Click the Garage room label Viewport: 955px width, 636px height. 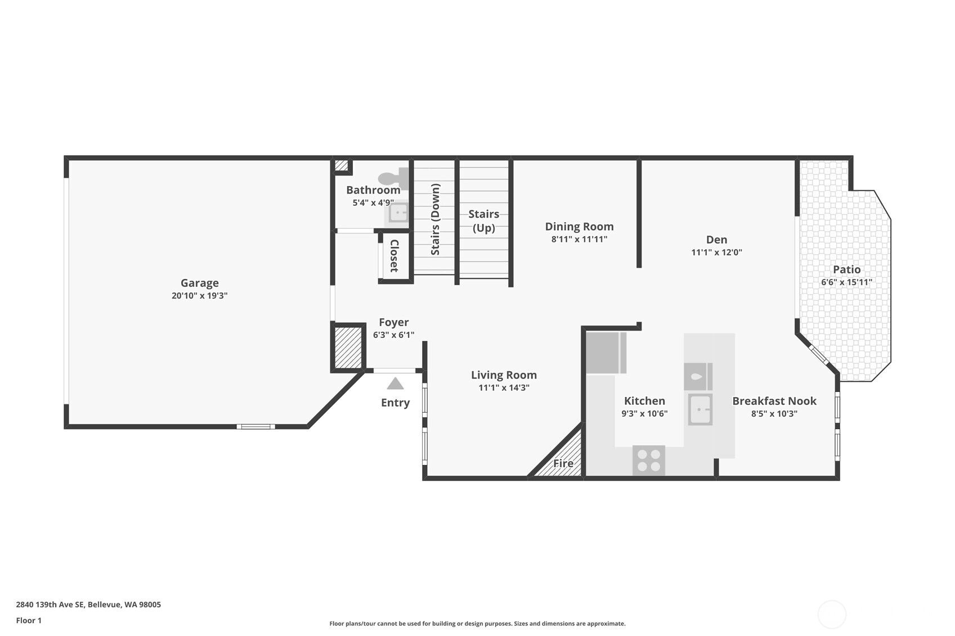click(x=200, y=283)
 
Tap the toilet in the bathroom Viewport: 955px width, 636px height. click(x=393, y=178)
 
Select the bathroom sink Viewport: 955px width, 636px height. click(x=398, y=213)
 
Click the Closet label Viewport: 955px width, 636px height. click(x=394, y=256)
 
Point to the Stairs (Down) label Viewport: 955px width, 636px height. click(x=435, y=219)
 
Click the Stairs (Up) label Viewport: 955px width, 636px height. click(x=484, y=220)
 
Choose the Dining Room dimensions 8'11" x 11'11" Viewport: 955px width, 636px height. click(x=579, y=240)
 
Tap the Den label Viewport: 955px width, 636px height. click(x=717, y=240)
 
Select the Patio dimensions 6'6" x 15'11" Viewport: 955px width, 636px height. click(x=847, y=282)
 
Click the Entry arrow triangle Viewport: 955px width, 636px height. click(x=395, y=384)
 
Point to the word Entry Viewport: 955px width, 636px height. click(x=395, y=403)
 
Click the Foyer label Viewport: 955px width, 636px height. click(x=394, y=322)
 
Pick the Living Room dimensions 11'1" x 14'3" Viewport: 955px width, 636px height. click(x=504, y=387)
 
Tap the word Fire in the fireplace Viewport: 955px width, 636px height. click(x=563, y=463)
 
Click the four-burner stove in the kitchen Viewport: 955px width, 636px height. click(x=649, y=461)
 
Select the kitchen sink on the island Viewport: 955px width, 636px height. click(x=700, y=409)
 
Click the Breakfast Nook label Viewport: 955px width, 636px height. click(x=774, y=401)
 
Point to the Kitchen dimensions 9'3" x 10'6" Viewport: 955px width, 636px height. click(x=644, y=414)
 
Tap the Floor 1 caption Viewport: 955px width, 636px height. click(x=29, y=621)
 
